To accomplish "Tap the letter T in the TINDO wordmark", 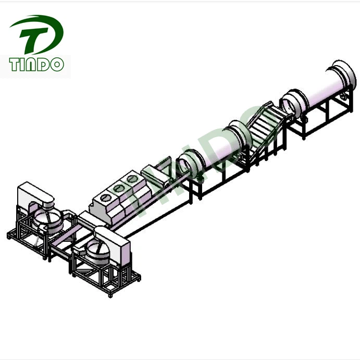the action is click(15, 64).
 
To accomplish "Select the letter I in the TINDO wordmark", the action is click(24, 65).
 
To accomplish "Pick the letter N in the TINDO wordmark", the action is click(33, 65).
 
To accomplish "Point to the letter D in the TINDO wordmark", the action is click(45, 65).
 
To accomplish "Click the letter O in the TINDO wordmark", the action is click(57, 65).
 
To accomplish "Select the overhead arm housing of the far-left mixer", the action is click(35, 195).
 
